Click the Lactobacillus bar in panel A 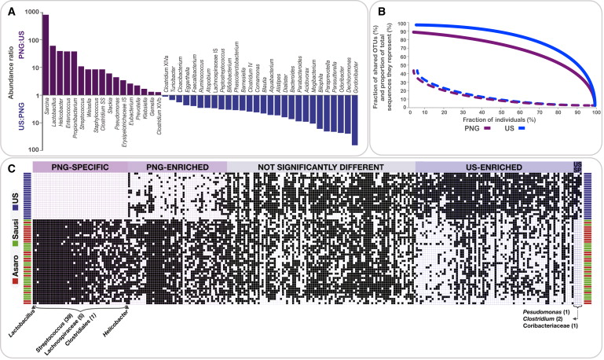click(x=53, y=75)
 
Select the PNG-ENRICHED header click(x=175, y=167)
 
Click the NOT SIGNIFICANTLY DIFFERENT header click(x=320, y=167)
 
